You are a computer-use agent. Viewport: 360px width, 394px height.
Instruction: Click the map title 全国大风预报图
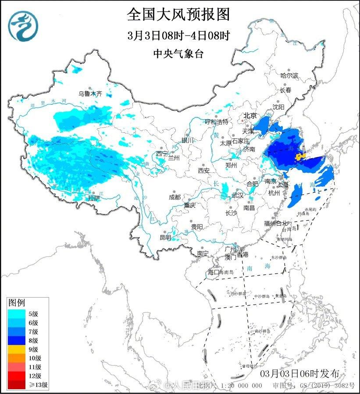(178, 14)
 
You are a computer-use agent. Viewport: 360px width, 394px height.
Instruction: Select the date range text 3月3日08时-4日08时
(179, 35)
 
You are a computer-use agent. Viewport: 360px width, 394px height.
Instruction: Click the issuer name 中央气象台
(178, 53)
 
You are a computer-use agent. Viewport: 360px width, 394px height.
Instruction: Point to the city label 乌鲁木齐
(90, 93)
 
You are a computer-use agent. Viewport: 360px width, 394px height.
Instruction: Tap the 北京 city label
(250, 116)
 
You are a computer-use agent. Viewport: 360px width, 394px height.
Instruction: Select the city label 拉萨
(93, 198)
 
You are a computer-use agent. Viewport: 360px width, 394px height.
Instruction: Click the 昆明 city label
(165, 237)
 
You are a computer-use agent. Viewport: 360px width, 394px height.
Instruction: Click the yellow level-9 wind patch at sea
(300, 156)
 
